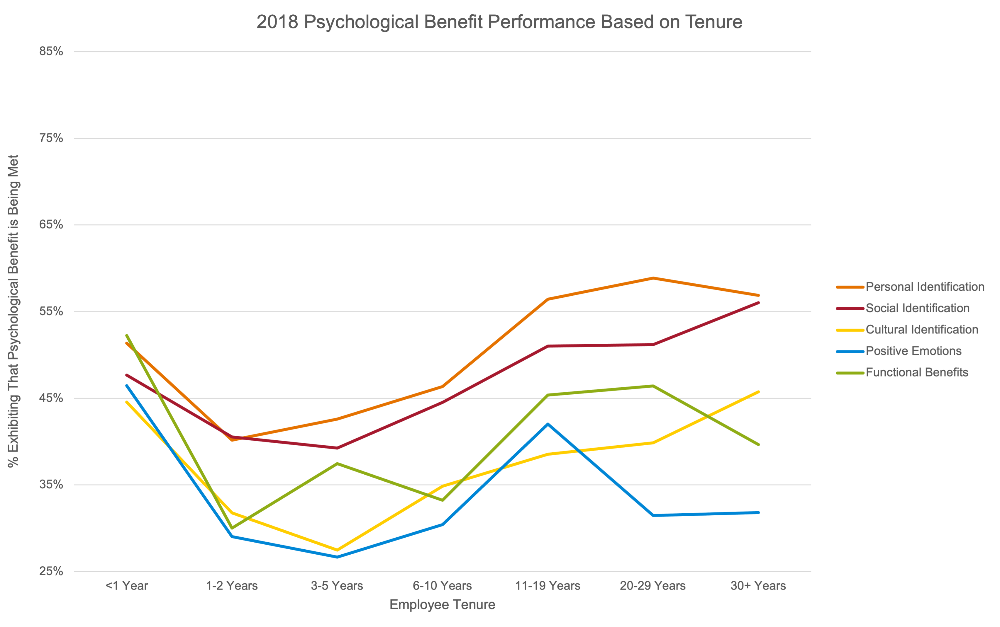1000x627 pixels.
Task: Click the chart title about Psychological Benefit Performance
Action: [x=499, y=22]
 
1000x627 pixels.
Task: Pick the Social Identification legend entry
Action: [x=917, y=308]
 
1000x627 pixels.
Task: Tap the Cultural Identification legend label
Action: [x=922, y=330]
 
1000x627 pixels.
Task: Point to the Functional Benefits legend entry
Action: [x=917, y=372]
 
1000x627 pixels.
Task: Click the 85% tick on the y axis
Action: [x=51, y=52]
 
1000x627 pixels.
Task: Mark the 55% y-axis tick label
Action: [x=51, y=311]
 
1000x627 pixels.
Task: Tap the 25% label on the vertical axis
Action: [x=51, y=571]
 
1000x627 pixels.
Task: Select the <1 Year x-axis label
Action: [x=127, y=585]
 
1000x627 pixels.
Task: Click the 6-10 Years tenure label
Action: [x=442, y=585]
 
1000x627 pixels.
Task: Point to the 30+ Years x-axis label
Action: [x=758, y=585]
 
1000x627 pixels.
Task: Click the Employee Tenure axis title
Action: [x=442, y=605]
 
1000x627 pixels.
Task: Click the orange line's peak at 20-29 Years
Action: [x=653, y=278]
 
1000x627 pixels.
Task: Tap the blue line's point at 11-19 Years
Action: [x=548, y=424]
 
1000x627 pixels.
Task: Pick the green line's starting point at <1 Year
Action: [x=127, y=335]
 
